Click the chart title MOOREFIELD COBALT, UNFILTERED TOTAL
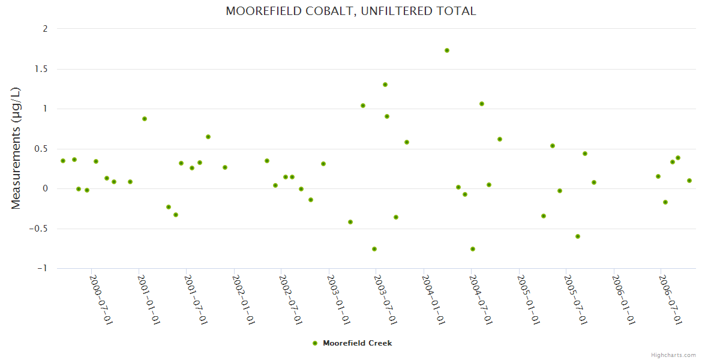point(350,11)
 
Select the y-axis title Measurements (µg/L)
point(16,148)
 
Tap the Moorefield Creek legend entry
point(352,343)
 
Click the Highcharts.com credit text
point(673,355)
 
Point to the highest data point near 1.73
point(447,50)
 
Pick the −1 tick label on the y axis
point(42,268)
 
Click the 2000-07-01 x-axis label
point(101,299)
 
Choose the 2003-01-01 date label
point(338,299)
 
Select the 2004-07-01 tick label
point(481,299)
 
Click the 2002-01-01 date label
point(244,299)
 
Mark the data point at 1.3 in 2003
point(385,85)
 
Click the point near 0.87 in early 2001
point(145,119)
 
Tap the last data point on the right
point(689,181)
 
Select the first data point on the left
point(63,161)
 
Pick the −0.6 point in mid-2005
point(578,236)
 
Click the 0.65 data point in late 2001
point(208,137)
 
